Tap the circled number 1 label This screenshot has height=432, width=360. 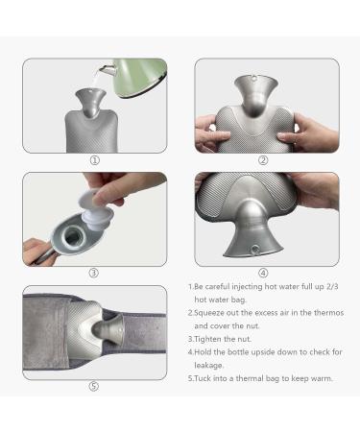94,160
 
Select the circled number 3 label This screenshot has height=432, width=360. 94,273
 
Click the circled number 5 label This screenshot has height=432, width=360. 94,386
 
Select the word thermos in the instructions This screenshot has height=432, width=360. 317,313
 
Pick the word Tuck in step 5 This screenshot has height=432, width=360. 207,378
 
